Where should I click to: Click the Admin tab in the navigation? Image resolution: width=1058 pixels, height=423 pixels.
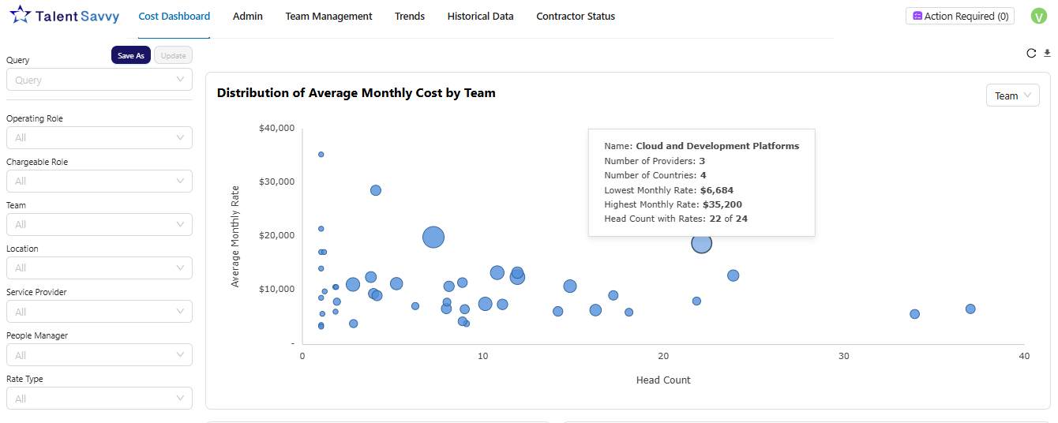coord(247,16)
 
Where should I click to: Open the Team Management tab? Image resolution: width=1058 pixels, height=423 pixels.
coord(328,16)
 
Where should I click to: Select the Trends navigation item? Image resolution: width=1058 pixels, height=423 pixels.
coord(409,16)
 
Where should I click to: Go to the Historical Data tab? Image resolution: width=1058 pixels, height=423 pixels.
coord(480,16)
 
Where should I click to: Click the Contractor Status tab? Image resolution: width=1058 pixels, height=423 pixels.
coord(575,16)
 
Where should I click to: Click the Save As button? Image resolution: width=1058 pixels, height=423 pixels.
coord(131,55)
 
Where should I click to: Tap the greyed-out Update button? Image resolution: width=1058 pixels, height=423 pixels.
coord(173,55)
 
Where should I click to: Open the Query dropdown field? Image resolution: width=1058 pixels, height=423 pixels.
coord(99,80)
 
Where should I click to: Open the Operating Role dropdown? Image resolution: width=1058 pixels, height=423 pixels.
coord(99,137)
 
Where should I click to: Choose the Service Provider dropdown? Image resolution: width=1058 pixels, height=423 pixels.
coord(99,312)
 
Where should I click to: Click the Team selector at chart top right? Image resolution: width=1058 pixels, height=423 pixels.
coord(1012,95)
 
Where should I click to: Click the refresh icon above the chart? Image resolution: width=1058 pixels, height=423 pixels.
coord(1030,53)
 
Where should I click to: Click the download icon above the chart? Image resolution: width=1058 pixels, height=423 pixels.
coord(1047,53)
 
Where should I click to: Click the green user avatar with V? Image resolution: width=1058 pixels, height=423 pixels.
coord(1038,16)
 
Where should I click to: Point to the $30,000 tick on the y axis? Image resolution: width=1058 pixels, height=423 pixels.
coord(276,182)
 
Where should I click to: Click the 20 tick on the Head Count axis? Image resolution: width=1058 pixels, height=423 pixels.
coord(663,357)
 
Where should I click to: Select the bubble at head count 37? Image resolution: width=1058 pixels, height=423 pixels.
coord(970,309)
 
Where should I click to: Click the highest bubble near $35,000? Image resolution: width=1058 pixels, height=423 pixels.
coord(321,154)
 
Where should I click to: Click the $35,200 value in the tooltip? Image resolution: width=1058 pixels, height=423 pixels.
coord(721,204)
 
